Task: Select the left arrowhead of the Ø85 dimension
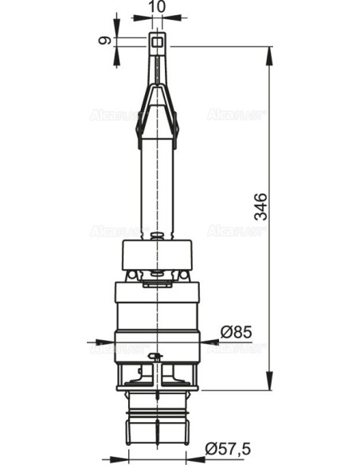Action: pos(110,342)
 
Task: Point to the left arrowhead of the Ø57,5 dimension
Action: pos(125,458)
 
